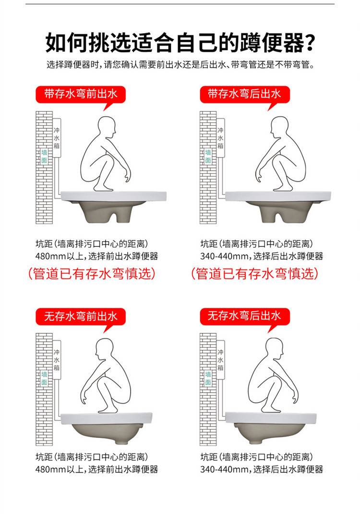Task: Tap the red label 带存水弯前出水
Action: coord(81,95)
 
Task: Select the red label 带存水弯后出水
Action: coord(245,95)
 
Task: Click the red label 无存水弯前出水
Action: coord(81,317)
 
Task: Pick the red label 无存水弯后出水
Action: coord(245,317)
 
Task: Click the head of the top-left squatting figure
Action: coord(107,127)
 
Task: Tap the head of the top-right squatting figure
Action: coord(279,127)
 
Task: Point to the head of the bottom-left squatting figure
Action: coord(104,349)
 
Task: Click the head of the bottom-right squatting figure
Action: coord(274,349)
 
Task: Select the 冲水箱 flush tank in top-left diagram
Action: coord(57,138)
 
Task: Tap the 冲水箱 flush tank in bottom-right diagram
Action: coord(220,360)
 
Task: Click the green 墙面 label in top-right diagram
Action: coord(208,157)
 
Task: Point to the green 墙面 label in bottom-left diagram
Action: coord(44,378)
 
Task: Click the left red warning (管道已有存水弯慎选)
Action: coord(92,274)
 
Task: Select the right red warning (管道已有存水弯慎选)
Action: coord(254,274)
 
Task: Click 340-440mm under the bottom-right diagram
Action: coord(224,469)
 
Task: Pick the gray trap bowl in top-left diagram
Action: coord(108,211)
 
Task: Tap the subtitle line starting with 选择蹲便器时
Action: coord(180,64)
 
